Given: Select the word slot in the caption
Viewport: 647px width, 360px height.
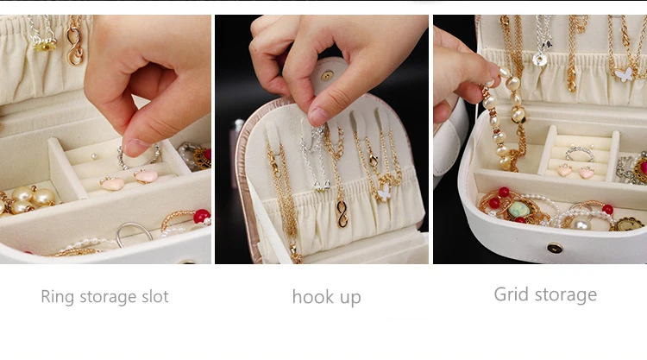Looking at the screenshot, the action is click(154, 296).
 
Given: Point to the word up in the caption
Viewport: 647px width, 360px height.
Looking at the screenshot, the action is click(350, 299).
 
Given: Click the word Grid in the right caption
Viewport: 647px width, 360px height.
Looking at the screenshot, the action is click(512, 295).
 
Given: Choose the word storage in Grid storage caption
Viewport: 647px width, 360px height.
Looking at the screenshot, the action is click(566, 295).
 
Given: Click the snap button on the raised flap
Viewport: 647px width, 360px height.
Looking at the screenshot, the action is click(327, 76).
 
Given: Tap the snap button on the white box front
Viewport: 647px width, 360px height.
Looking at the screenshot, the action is click(555, 248).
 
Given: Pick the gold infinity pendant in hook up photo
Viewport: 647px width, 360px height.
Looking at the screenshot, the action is click(342, 213).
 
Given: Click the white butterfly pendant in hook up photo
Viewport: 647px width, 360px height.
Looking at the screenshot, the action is click(384, 192).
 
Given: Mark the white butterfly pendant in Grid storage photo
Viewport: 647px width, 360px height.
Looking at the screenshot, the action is click(625, 74).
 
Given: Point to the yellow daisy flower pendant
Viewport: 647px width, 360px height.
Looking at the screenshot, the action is click(45, 44).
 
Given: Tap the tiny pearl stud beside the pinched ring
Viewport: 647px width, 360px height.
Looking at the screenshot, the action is click(95, 156).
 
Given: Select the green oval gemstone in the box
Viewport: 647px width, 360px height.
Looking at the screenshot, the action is click(518, 209).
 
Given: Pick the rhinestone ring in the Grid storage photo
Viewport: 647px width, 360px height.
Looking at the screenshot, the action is click(580, 153).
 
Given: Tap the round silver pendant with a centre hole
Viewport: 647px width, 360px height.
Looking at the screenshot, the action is click(540, 60).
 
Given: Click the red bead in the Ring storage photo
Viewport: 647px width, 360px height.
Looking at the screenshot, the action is click(202, 216).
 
